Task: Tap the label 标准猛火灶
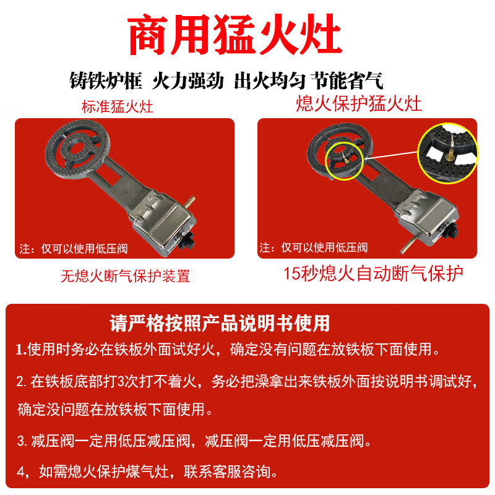(118, 106)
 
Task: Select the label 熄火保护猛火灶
(359, 103)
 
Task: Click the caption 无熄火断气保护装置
(125, 276)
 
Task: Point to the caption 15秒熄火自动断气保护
(373, 273)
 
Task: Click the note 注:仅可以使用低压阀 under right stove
(314, 247)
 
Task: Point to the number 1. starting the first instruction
(21, 350)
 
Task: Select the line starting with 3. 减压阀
(194, 441)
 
